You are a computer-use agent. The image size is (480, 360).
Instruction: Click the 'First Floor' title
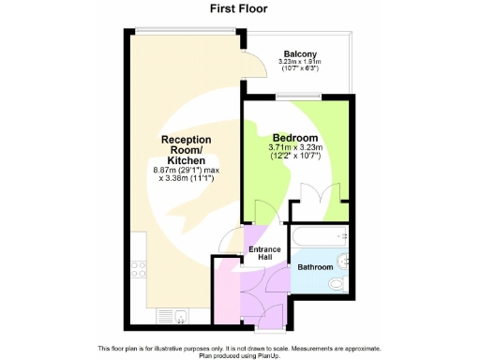click(x=238, y=9)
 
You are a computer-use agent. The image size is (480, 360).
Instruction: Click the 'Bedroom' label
click(x=294, y=137)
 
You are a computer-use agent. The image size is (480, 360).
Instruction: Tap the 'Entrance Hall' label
click(x=263, y=253)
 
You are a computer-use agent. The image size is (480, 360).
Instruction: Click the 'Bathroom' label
click(x=315, y=267)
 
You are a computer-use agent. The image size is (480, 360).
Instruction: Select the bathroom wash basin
click(x=344, y=256)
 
